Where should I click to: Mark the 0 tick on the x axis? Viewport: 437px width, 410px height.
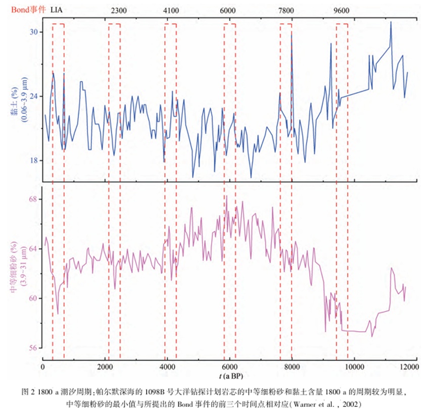click(43, 366)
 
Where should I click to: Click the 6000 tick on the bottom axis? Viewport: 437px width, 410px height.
click(229, 366)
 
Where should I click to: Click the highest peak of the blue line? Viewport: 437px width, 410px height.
click(391, 22)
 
